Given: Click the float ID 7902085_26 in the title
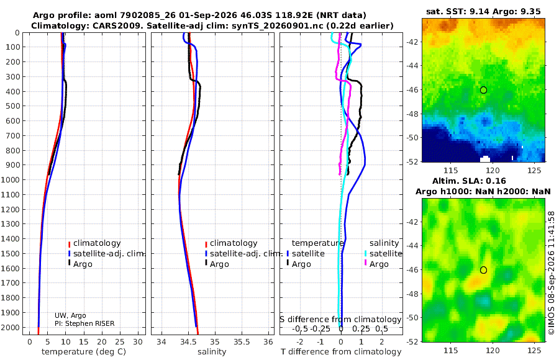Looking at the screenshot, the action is [145, 16].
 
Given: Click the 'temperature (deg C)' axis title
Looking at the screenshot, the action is [84, 352].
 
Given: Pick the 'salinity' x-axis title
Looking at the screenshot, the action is [212, 352].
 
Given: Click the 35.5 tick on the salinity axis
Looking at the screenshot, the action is [242, 342].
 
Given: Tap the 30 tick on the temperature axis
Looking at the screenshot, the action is [138, 342].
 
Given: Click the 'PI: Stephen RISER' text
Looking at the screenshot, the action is [84, 323].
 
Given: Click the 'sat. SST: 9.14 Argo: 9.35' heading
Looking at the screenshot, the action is [483, 12].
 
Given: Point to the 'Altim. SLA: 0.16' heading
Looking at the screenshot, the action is [469, 181].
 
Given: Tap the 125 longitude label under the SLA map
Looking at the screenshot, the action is [534, 351].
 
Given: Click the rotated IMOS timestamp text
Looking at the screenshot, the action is [552, 273].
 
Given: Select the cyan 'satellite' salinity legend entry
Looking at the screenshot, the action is [384, 253].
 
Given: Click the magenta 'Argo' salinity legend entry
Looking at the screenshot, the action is [376, 264].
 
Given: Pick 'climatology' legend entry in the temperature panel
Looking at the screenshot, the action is [94, 243].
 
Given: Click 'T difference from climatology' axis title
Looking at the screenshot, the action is [341, 352].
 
